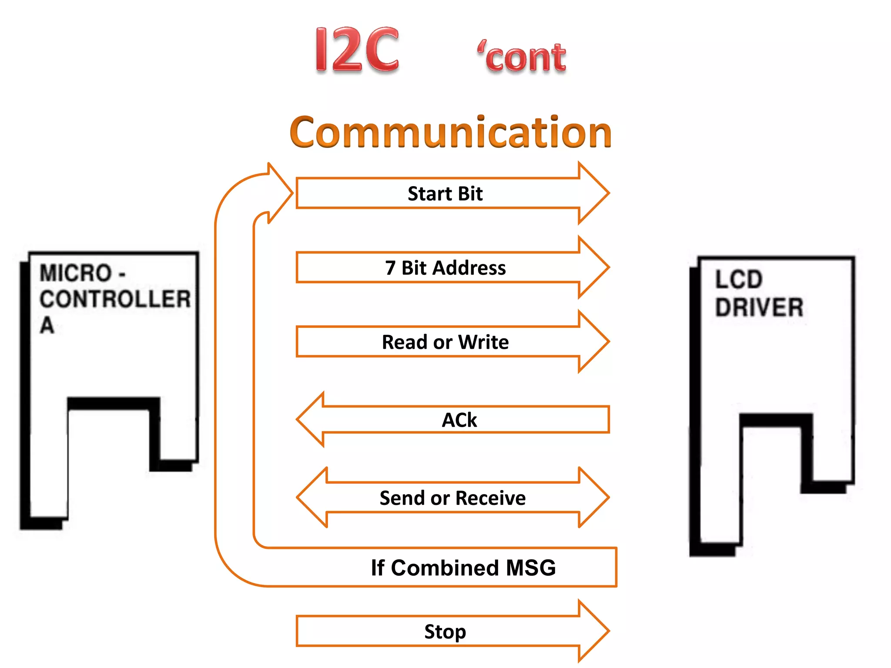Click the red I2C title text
pyautogui.click(x=357, y=50)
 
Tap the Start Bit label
pyautogui.click(x=445, y=194)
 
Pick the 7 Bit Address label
pyautogui.click(x=445, y=267)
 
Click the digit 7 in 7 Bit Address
pyautogui.click(x=390, y=267)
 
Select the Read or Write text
pyautogui.click(x=445, y=342)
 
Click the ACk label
pyautogui.click(x=459, y=420)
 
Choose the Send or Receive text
pyautogui.click(x=452, y=498)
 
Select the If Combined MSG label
pyautogui.click(x=463, y=568)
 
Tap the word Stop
pyautogui.click(x=445, y=631)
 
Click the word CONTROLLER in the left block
pyautogui.click(x=115, y=299)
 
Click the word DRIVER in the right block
pyautogui.click(x=759, y=307)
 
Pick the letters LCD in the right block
pyautogui.click(x=739, y=279)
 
